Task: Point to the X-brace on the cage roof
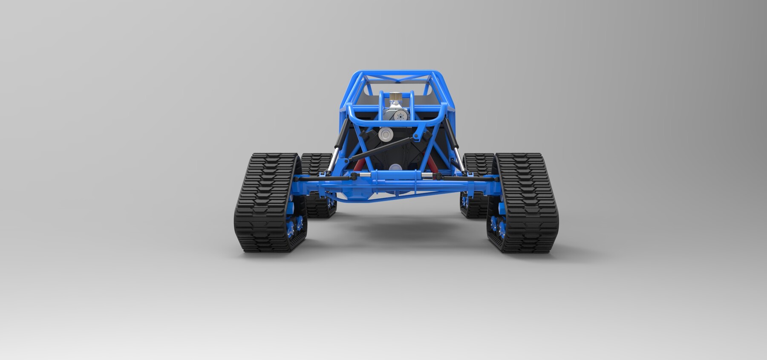396,79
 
